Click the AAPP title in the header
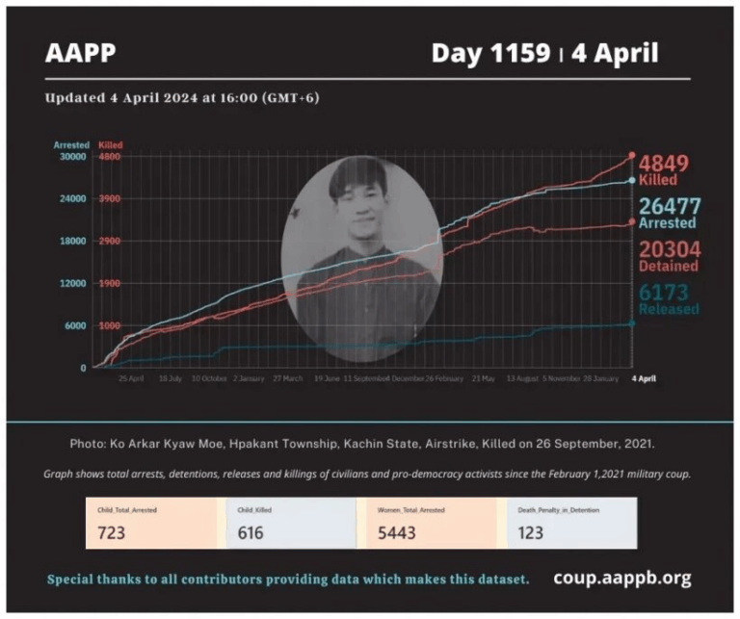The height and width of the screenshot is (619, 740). [80, 52]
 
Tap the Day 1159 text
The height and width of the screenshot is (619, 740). [489, 52]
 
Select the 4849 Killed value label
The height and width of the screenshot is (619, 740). [665, 168]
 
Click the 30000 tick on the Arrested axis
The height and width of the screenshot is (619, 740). [73, 156]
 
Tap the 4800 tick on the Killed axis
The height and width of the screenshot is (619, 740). [109, 156]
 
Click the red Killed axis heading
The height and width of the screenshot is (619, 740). [111, 144]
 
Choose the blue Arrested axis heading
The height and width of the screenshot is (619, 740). [71, 144]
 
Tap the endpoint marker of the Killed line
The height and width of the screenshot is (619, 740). [632, 155]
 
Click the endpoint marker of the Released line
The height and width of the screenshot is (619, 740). [632, 323]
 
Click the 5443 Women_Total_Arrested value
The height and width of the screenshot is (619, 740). [391, 532]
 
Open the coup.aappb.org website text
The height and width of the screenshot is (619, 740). [621, 579]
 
